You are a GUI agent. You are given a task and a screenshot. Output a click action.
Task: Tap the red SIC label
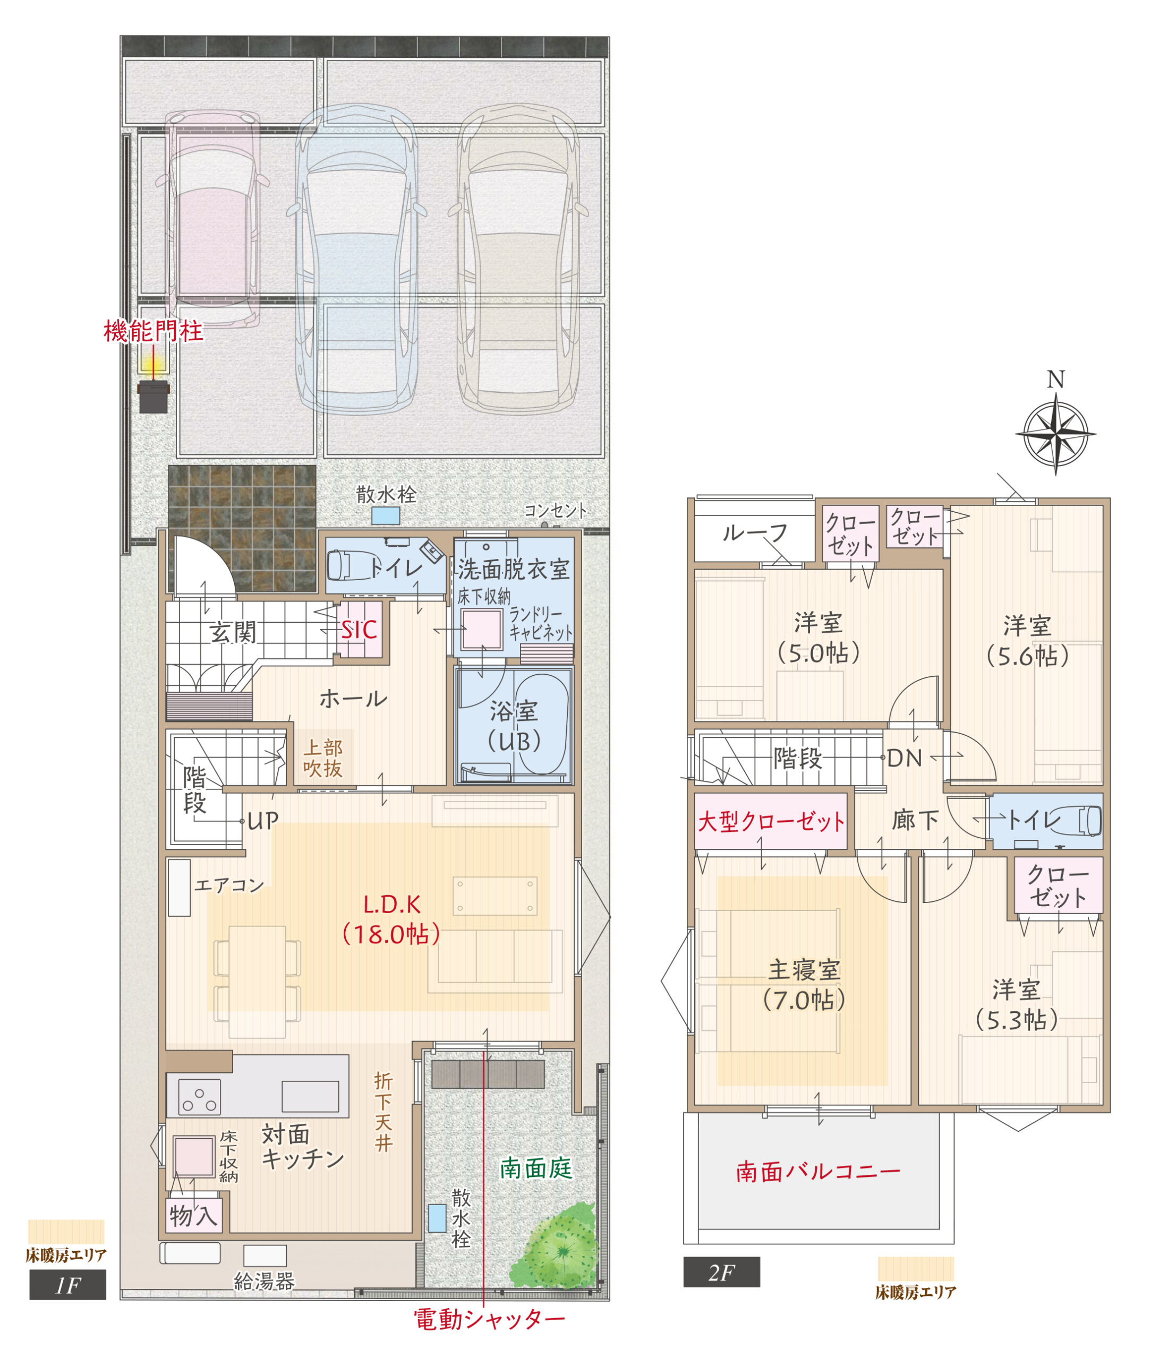pos(359,630)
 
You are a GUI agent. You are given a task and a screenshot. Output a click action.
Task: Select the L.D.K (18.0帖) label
pos(391,919)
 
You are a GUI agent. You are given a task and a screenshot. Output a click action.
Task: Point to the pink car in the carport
pos(212,219)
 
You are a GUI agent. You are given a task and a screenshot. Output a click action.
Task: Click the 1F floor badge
pos(67,1285)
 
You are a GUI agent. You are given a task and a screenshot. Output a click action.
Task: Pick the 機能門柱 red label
pos(154,331)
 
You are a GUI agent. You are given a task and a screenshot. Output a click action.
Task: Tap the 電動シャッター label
pos(489,1319)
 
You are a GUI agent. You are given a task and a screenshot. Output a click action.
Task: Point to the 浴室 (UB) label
pos(514,726)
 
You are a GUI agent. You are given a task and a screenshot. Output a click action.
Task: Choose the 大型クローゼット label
pos(771,821)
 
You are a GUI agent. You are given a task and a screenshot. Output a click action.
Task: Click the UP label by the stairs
pos(263,820)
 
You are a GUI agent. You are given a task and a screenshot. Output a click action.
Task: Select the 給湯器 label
pos(265,1281)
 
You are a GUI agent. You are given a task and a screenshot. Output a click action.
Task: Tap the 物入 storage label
pos(193,1216)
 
